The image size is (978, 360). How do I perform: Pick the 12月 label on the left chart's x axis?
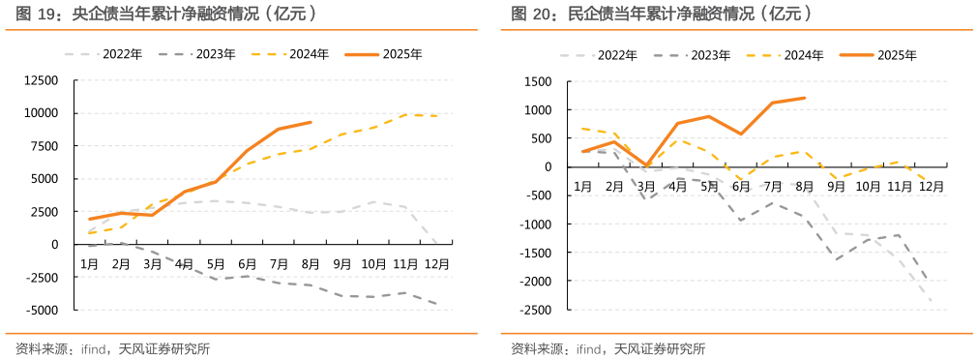point(436,263)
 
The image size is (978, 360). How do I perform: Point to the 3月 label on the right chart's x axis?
point(645,185)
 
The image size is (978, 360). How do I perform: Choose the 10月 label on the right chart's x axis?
point(867,185)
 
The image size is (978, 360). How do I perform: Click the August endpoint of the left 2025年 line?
point(310,122)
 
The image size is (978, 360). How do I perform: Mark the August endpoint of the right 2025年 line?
point(804,98)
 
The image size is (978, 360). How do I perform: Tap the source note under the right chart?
point(608,348)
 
